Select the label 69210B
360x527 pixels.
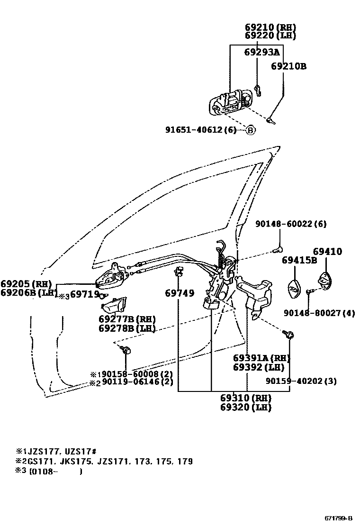[x=288, y=66]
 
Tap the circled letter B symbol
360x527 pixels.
[x=250, y=130]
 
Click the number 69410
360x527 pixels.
[x=327, y=252]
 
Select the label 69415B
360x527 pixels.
[x=299, y=260]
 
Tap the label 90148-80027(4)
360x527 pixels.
[x=319, y=313]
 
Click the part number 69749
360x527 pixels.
[x=180, y=293]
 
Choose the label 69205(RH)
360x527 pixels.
[x=26, y=284]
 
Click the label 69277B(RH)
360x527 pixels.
[x=127, y=319]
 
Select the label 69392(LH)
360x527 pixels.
[x=258, y=367]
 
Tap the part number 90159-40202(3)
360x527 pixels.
[x=301, y=381]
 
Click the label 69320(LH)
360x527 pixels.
[x=245, y=407]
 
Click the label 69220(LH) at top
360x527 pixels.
[x=270, y=35]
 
